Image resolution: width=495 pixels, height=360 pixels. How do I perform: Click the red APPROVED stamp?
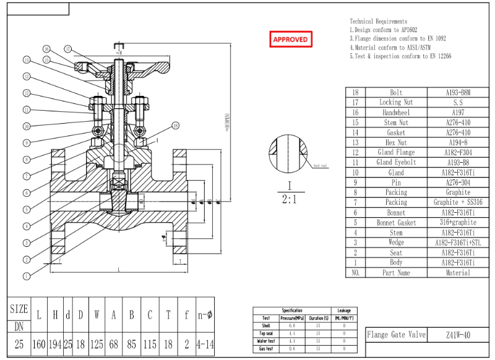(290, 40)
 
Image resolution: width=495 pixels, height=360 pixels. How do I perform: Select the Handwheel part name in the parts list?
(396, 113)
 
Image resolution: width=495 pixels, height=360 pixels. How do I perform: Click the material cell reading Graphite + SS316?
(458, 202)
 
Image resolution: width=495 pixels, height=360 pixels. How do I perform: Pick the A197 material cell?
(458, 113)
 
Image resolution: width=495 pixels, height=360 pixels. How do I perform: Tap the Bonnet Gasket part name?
(396, 223)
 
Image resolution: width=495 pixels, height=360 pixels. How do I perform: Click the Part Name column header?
(396, 273)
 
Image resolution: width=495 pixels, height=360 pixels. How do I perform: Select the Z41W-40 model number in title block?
(458, 335)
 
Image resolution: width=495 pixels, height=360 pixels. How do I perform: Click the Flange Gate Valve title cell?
(396, 335)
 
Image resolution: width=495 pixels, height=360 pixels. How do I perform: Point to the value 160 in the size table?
(39, 344)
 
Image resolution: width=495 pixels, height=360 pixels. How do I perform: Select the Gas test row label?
(266, 349)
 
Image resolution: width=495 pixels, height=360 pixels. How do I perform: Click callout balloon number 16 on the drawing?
(46, 49)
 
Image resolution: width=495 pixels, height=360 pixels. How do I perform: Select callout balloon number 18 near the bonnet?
(175, 126)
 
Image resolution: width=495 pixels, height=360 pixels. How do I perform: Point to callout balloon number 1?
(26, 275)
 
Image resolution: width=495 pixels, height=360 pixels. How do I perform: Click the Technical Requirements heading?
(379, 22)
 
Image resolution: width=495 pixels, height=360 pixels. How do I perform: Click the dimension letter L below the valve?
(118, 270)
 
